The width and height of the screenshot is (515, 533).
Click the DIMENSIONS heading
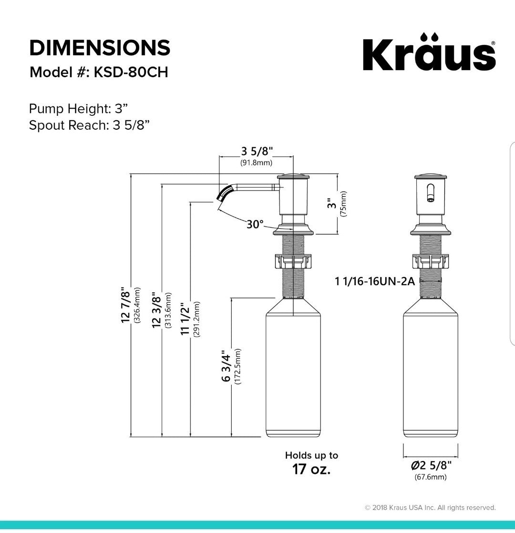click(x=100, y=48)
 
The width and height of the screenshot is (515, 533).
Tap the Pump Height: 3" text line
click(x=76, y=109)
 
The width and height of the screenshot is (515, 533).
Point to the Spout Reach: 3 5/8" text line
click(x=90, y=125)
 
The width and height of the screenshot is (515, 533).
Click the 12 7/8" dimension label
click(x=126, y=305)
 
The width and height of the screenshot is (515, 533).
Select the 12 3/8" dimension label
click(x=156, y=310)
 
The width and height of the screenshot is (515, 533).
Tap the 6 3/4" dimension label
click(x=226, y=366)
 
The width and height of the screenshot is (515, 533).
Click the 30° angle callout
click(x=255, y=224)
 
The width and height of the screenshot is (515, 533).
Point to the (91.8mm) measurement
click(x=256, y=163)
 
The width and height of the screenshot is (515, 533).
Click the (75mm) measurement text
click(x=343, y=204)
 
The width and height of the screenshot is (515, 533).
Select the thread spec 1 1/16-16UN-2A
click(x=375, y=281)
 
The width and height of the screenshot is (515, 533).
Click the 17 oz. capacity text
click(x=311, y=469)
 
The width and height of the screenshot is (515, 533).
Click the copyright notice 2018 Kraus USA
click(x=430, y=508)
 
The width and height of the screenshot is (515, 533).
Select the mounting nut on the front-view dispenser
click(x=431, y=261)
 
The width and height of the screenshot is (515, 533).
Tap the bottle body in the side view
click(x=293, y=372)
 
